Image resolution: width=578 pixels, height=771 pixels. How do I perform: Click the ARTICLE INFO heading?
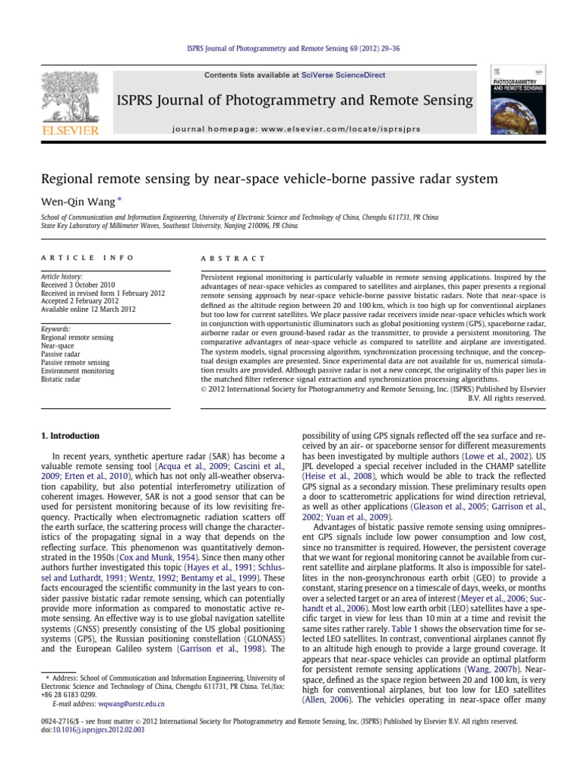pyautogui.click(x=87, y=258)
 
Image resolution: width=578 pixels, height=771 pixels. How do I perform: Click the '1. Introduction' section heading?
pyautogui.click(x=68, y=435)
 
